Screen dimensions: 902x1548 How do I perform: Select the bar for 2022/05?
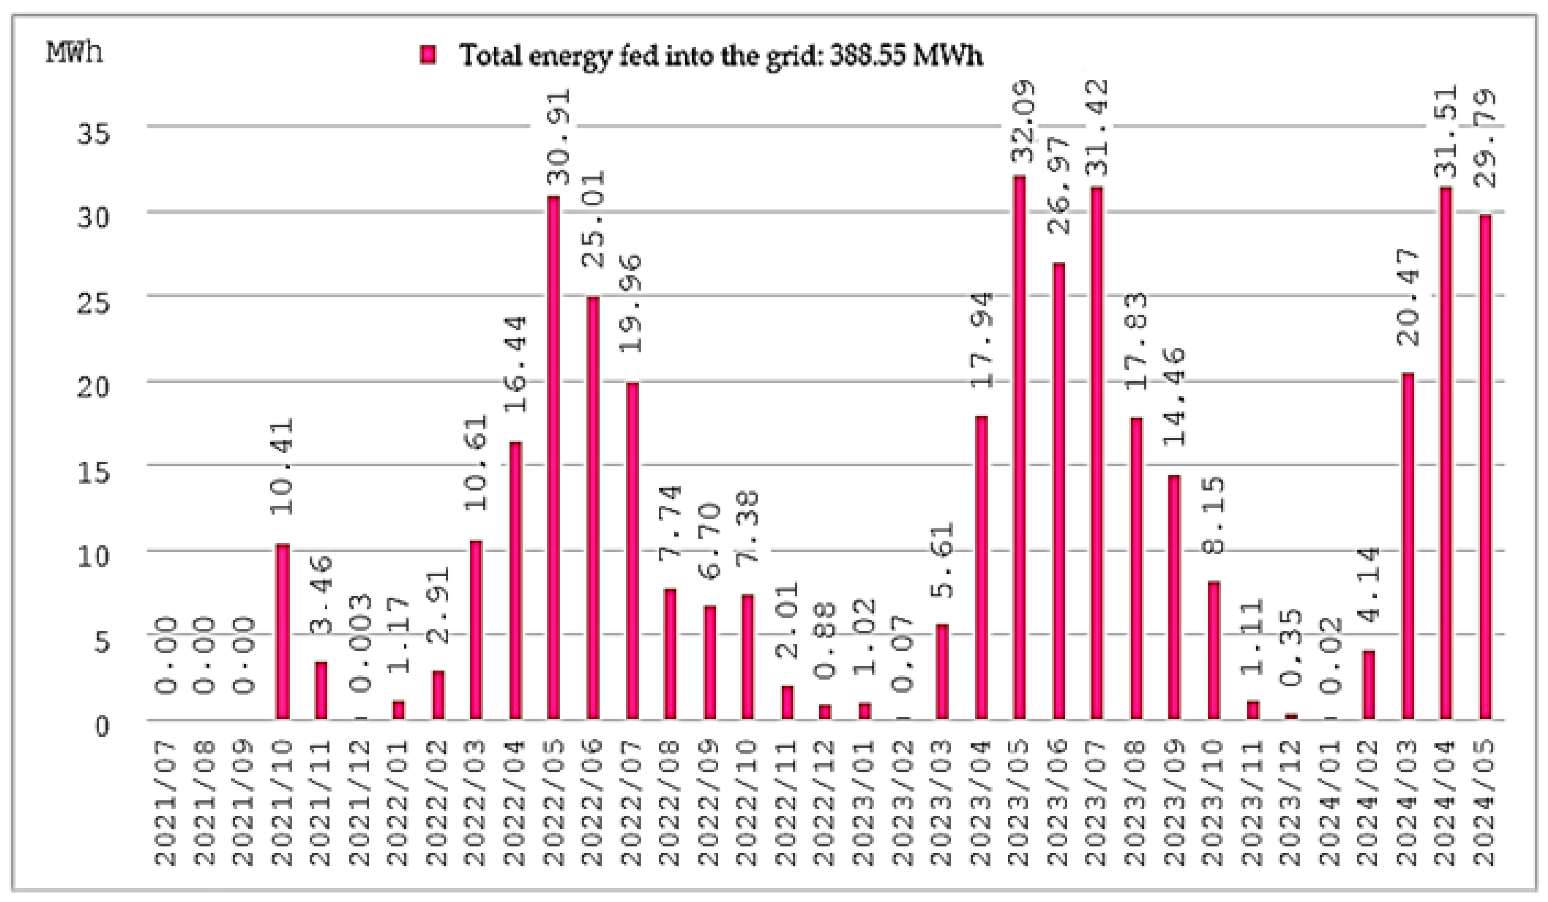[553, 458]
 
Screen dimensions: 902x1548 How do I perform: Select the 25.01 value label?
[593, 218]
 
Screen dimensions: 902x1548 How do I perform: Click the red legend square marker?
[428, 55]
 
